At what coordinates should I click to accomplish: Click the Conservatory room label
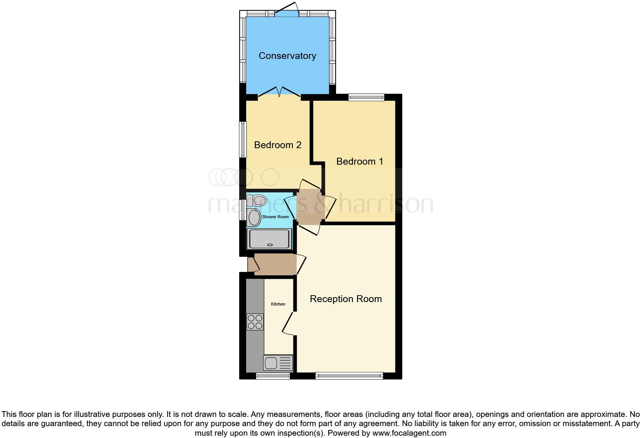pyautogui.click(x=287, y=56)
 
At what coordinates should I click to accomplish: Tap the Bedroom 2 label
pyautogui.click(x=278, y=145)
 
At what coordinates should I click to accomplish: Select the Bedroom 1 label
pyautogui.click(x=359, y=162)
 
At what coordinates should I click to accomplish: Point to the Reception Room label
pyautogui.click(x=346, y=299)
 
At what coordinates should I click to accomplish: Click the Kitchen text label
pyautogui.click(x=278, y=304)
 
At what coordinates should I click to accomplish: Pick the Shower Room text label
pyautogui.click(x=275, y=217)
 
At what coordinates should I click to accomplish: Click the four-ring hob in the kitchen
pyautogui.click(x=255, y=322)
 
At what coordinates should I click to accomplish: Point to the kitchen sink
pyautogui.click(x=278, y=363)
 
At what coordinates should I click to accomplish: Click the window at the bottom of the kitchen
pyautogui.click(x=273, y=376)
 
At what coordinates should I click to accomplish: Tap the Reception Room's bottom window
pyautogui.click(x=349, y=376)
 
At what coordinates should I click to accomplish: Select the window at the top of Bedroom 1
pyautogui.click(x=366, y=98)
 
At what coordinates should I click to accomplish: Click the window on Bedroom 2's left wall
pyautogui.click(x=243, y=139)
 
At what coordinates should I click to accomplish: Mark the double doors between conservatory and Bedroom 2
pyautogui.click(x=279, y=93)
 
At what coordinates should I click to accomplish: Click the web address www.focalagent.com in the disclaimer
pyautogui.click(x=409, y=433)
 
